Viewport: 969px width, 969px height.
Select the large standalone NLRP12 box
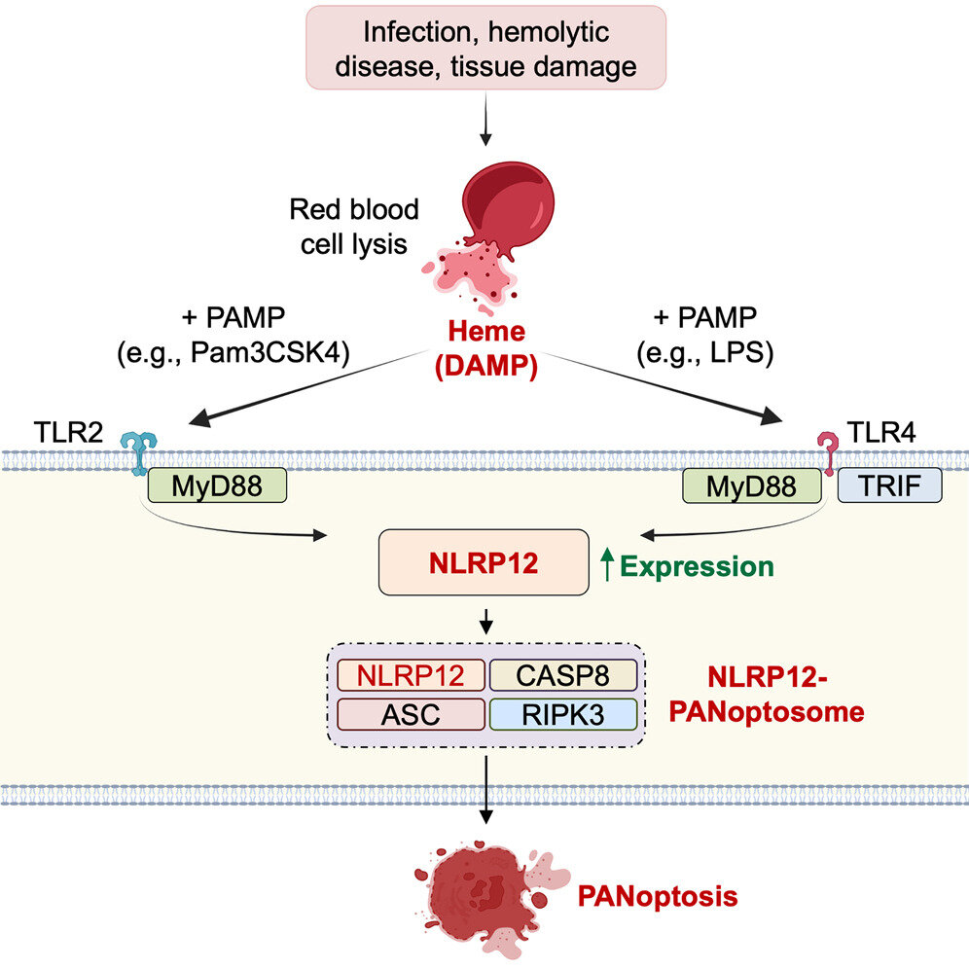[484, 562]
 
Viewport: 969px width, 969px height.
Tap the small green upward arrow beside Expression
[608, 565]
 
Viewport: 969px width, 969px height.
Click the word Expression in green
[697, 566]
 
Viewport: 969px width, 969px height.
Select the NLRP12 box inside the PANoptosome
[411, 674]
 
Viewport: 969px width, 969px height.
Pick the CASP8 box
[562, 674]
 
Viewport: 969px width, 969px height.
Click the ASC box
[411, 714]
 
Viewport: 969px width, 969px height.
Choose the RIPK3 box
[562, 714]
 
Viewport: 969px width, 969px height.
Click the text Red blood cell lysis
[354, 226]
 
